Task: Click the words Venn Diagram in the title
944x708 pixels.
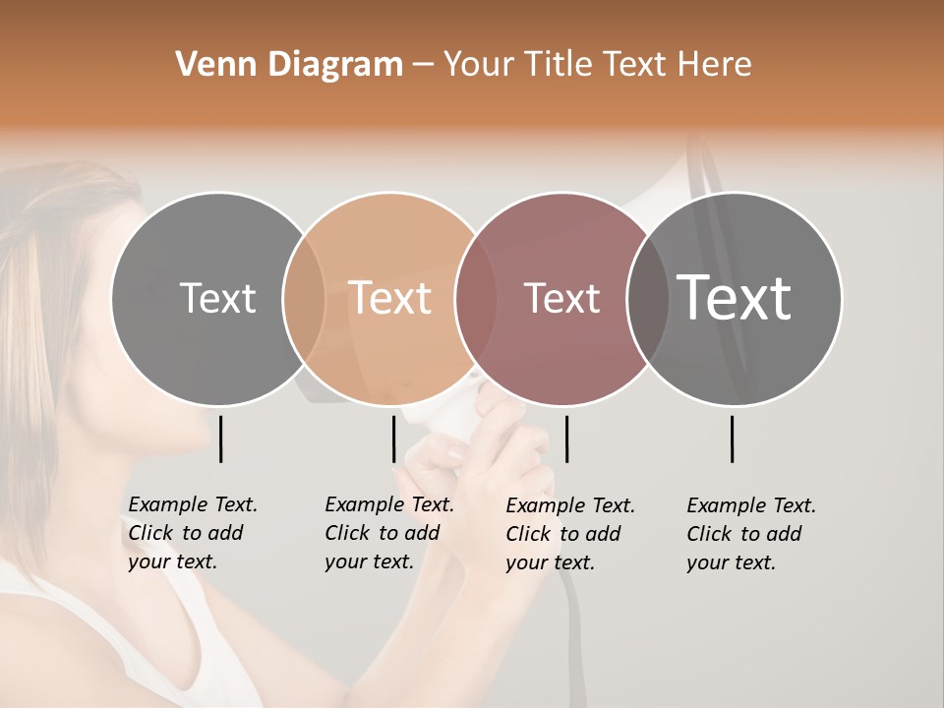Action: coord(289,65)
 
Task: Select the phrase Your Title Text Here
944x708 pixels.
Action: coord(597,65)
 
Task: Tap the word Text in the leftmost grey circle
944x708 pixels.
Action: coord(217,298)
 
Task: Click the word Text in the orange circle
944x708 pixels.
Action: coord(389,298)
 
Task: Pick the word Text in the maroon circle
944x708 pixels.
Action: coord(561,298)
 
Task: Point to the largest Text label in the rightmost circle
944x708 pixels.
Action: coord(735,298)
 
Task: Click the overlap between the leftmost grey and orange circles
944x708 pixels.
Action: coord(304,298)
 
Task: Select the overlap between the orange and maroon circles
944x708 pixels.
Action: coord(476,298)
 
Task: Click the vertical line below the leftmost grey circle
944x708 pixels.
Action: coord(220,439)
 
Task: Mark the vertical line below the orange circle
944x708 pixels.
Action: coord(393,439)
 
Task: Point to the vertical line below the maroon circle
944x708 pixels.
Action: coord(566,439)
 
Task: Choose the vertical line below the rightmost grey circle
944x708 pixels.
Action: coord(732,439)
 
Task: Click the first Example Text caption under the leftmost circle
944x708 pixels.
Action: coord(192,533)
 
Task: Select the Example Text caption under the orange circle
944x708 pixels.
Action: coord(388,533)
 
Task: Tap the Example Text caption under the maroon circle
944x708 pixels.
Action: coord(569,534)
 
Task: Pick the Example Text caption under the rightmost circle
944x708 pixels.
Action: coord(750,534)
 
